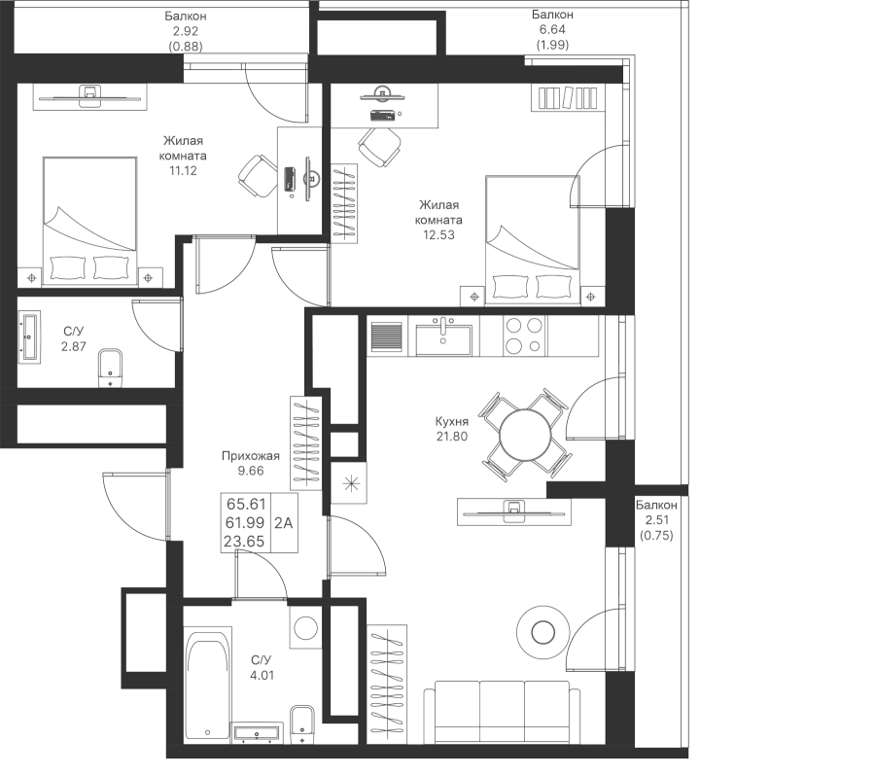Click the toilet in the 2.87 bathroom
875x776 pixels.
pyautogui.click(x=111, y=367)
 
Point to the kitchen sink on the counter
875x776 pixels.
pyautogui.click(x=443, y=337)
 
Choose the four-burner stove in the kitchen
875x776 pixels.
pyautogui.click(x=525, y=335)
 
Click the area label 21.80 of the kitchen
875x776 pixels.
pyautogui.click(x=453, y=437)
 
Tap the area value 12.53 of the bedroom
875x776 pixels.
pyautogui.click(x=435, y=234)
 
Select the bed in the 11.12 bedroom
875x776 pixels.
pyautogui.click(x=88, y=222)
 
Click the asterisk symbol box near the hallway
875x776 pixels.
pyautogui.click(x=347, y=482)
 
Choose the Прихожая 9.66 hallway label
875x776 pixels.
pyautogui.click(x=250, y=463)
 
